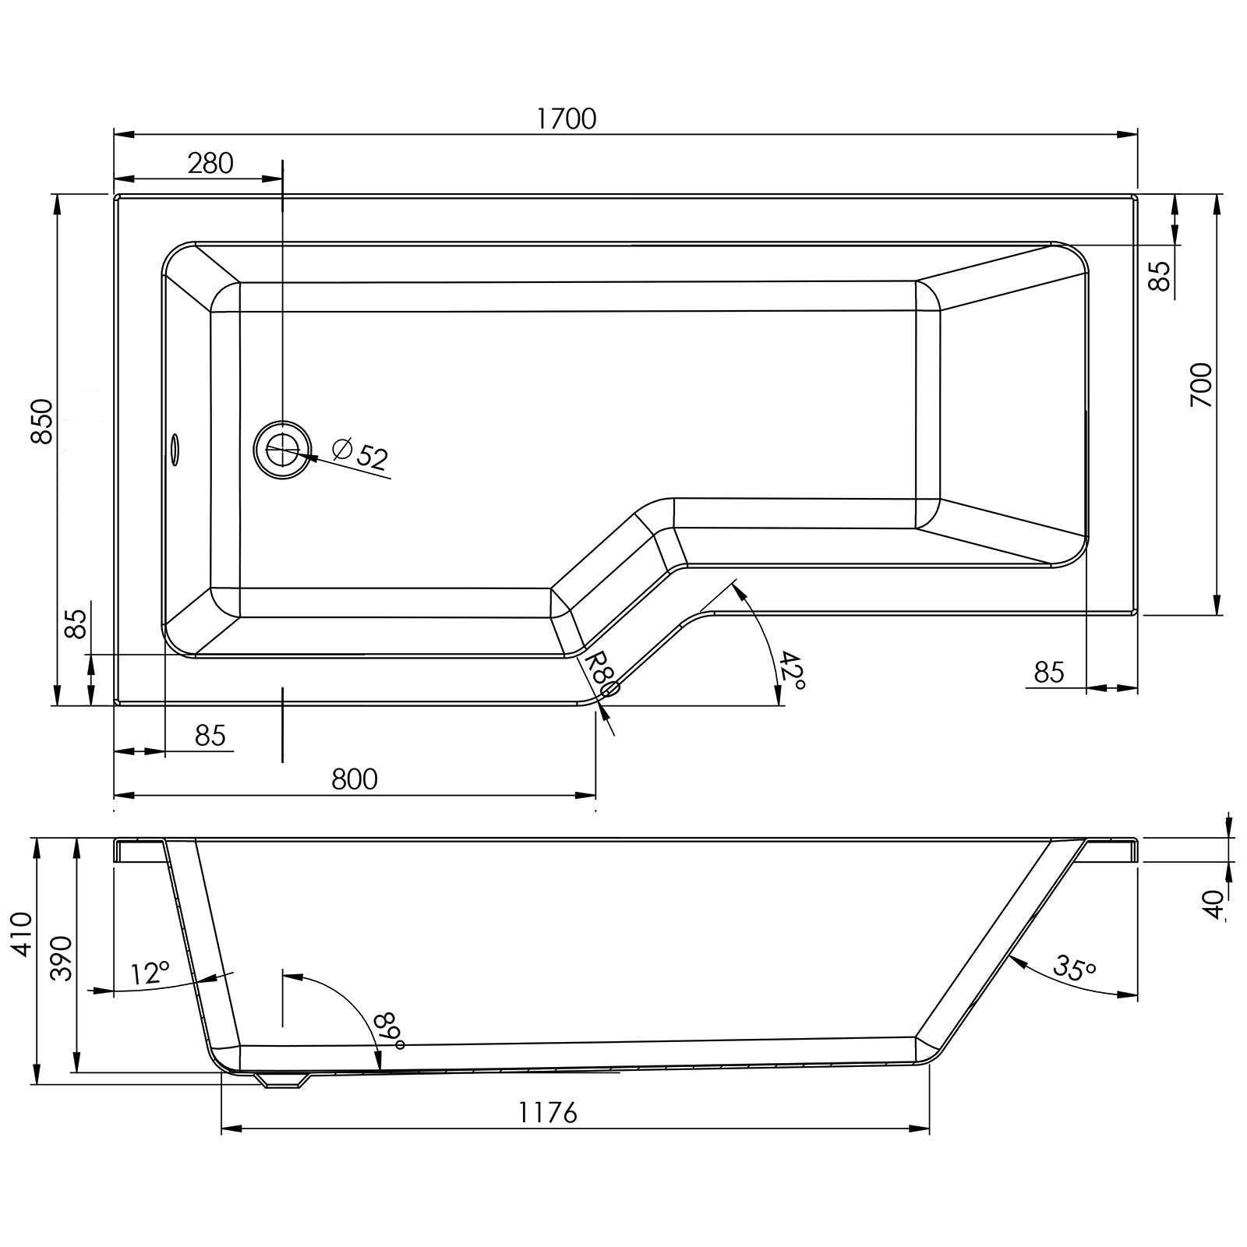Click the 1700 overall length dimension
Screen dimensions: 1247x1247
click(567, 118)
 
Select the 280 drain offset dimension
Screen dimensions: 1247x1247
click(210, 164)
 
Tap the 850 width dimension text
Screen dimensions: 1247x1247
click(42, 421)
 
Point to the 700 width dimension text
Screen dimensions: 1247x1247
click(1202, 385)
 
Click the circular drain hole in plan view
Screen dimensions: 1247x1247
click(282, 449)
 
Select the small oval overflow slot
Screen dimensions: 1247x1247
click(175, 450)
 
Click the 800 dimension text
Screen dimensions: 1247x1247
click(355, 779)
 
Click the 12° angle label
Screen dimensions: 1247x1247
click(150, 973)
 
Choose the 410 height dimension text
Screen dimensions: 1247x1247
click(23, 934)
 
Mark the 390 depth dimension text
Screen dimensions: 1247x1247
click(62, 959)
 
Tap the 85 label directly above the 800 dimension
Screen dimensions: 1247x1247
click(210, 735)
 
